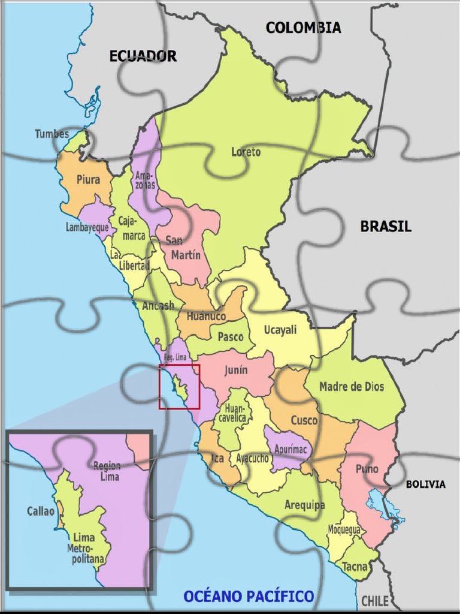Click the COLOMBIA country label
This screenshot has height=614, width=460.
tap(303, 28)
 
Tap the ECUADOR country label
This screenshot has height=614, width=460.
tap(143, 56)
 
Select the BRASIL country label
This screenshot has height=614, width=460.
tap(386, 227)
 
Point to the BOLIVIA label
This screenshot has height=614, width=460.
tap(425, 484)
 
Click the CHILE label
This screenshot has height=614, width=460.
tap(374, 601)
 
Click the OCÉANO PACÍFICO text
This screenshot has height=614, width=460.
tap(249, 596)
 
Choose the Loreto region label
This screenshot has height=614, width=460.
tap(246, 152)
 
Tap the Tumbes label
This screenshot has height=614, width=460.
tap(52, 134)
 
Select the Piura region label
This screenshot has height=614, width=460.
tap(88, 179)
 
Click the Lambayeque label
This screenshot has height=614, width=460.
tap(87, 228)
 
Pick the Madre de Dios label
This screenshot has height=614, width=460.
tap(352, 387)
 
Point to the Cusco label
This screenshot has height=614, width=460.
tap(304, 420)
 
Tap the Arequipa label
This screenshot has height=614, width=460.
tap(304, 505)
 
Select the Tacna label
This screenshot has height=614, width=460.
tap(355, 566)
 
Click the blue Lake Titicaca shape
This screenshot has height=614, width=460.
tap(383, 507)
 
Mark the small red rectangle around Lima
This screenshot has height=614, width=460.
tap(179, 386)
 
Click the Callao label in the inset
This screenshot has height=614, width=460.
tap(41, 511)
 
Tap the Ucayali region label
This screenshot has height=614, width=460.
tap(280, 330)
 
